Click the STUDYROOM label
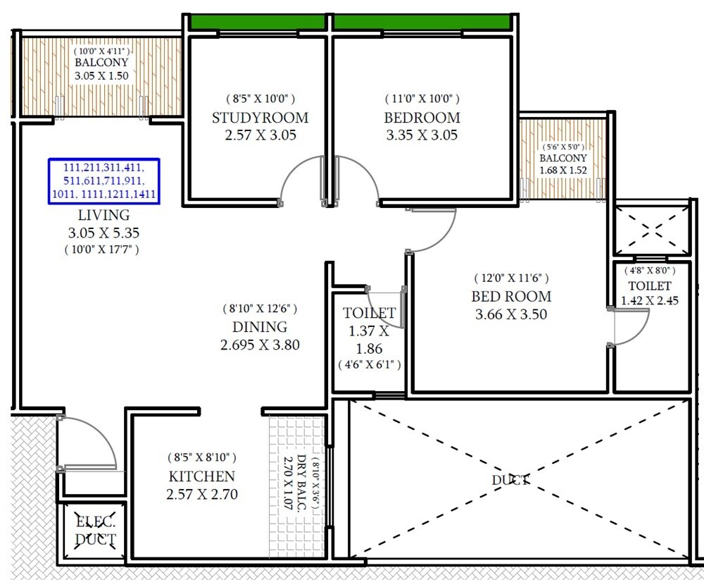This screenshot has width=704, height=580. click(260, 117)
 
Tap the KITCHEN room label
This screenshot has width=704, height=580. click(201, 476)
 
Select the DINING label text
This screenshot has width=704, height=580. click(260, 327)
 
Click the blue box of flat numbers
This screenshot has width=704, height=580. click(103, 182)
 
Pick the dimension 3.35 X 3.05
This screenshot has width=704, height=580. click(422, 135)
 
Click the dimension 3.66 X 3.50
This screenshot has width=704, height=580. click(511, 314)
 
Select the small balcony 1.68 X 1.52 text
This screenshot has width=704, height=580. click(562, 170)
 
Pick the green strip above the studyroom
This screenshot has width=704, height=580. click(258, 22)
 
